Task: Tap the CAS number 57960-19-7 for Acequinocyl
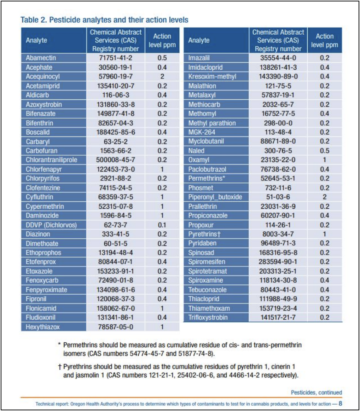(x=116, y=76)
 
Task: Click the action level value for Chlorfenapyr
(x=162, y=169)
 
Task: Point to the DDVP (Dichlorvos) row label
(x=51, y=225)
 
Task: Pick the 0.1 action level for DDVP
(x=162, y=225)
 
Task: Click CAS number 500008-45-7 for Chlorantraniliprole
(x=116, y=160)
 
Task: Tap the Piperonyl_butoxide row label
(x=215, y=197)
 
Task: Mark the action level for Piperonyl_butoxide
(x=325, y=197)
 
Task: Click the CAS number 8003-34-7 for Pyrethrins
(x=278, y=234)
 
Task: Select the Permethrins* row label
(x=207, y=179)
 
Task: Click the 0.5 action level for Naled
(x=325, y=151)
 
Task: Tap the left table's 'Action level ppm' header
(x=162, y=40)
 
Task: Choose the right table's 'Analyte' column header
(x=199, y=40)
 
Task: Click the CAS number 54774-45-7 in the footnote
(x=147, y=354)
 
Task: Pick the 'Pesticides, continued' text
(x=317, y=392)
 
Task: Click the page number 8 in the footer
(x=340, y=404)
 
